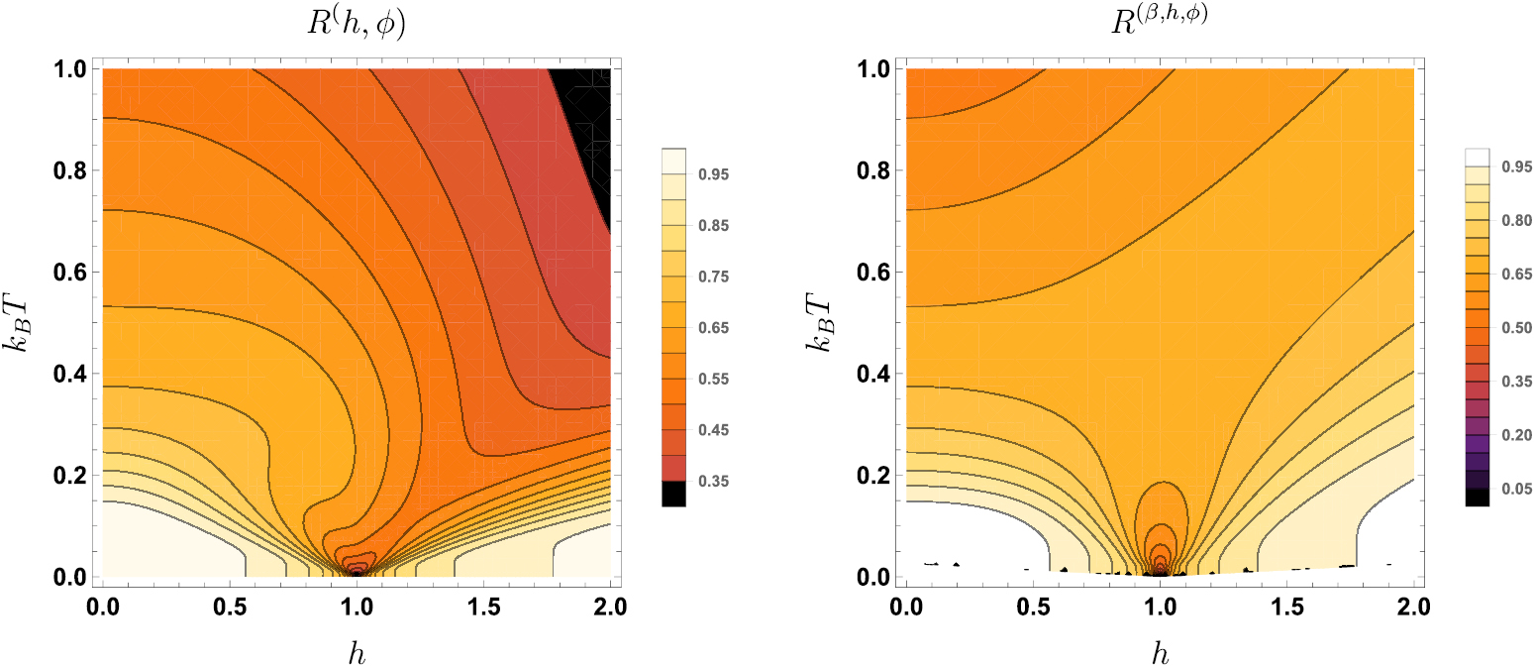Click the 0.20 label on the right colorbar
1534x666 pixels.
click(1516, 434)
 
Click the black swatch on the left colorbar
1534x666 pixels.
click(673, 494)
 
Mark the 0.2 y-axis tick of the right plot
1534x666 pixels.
click(872, 476)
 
